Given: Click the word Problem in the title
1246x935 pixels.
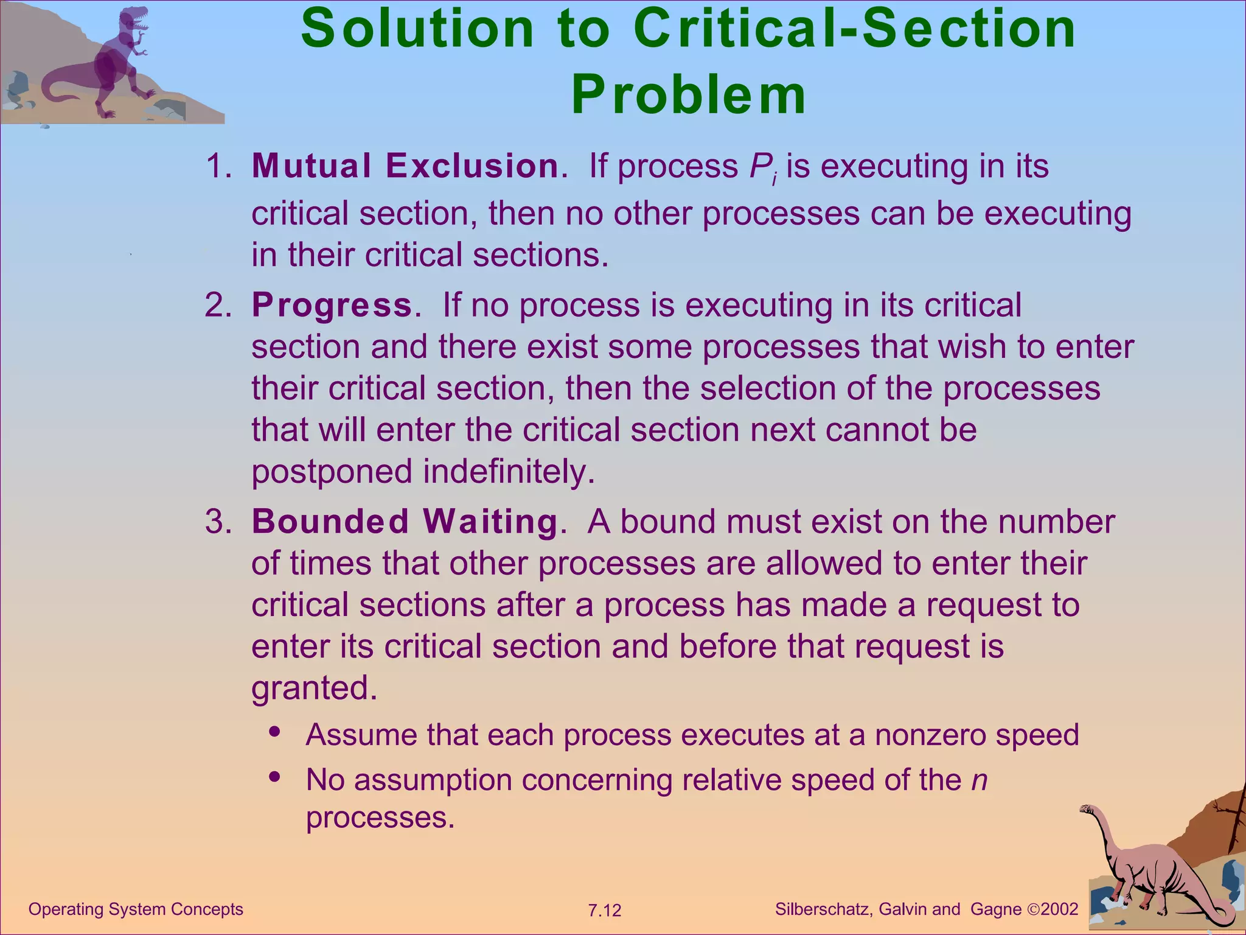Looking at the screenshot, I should click(x=689, y=95).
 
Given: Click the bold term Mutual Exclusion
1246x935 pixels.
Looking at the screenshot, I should click(x=405, y=166).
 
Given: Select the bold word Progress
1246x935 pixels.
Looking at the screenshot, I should click(x=332, y=305).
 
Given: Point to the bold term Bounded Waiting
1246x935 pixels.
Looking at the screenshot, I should click(x=405, y=522).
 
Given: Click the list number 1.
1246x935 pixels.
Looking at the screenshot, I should click(x=217, y=166).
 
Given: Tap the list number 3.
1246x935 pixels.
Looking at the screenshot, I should click(x=217, y=522).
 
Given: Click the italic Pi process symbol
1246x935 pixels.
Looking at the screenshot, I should click(x=762, y=167).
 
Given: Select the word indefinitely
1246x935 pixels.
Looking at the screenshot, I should click(x=509, y=471).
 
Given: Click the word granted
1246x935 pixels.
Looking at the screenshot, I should click(x=314, y=688).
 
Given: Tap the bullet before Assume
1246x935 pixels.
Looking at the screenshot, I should click(x=275, y=732).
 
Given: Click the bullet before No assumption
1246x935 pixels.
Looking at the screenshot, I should click(x=275, y=777).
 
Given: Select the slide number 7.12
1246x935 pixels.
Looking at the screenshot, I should click(x=604, y=911).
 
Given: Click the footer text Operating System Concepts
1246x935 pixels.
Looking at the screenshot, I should click(x=136, y=909).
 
